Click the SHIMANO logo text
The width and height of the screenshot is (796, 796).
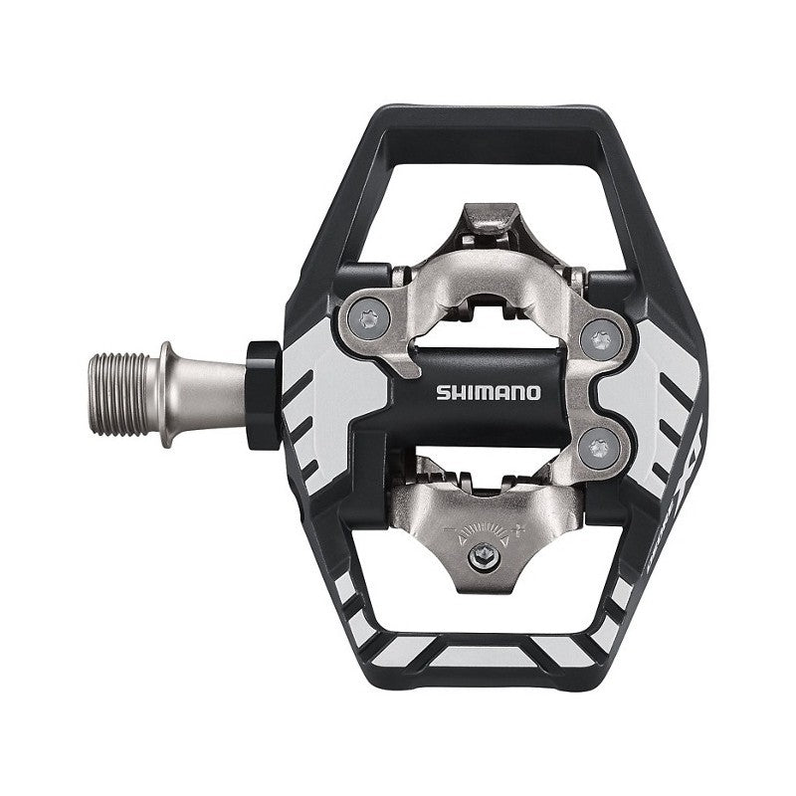click(x=488, y=391)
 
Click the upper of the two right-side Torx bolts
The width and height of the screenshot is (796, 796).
click(x=598, y=340)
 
